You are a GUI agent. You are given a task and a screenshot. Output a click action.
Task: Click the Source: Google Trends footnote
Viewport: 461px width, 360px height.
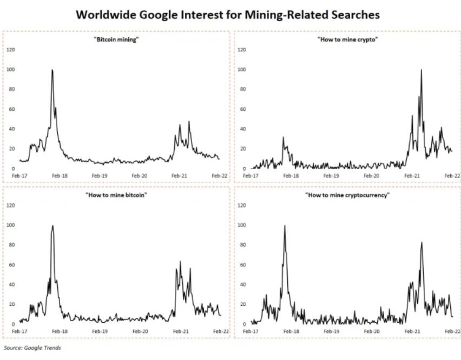[32, 348]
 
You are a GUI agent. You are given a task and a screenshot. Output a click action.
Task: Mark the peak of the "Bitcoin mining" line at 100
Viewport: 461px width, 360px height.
[52, 70]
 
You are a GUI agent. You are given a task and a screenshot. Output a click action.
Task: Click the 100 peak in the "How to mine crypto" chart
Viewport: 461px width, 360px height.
[421, 70]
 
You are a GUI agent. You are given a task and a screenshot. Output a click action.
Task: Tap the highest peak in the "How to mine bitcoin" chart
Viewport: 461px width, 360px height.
[52, 225]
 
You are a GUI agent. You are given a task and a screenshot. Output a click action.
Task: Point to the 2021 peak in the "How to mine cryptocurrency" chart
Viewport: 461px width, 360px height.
[422, 243]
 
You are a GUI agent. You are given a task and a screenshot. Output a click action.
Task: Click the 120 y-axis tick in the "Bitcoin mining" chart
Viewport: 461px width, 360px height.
[11, 50]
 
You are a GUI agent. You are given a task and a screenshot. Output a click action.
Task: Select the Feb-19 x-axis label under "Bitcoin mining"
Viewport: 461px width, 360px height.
[100, 176]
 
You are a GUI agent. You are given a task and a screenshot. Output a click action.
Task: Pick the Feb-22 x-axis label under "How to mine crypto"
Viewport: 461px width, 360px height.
[451, 176]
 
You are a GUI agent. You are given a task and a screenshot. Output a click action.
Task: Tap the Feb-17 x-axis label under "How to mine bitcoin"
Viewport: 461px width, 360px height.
[19, 331]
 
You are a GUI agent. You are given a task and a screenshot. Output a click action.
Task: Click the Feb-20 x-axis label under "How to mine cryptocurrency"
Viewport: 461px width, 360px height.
[373, 331]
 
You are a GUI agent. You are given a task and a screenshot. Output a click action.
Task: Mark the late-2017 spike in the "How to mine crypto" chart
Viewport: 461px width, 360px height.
[283, 137]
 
